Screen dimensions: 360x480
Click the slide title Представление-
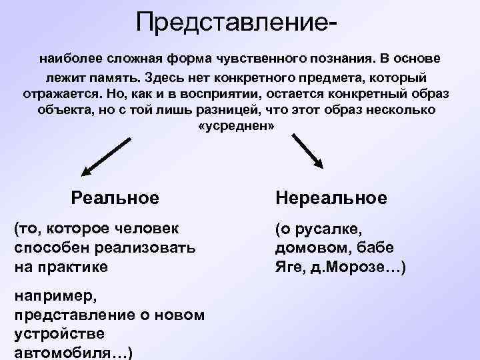coord(235,23)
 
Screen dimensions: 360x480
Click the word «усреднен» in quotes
coord(237,126)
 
